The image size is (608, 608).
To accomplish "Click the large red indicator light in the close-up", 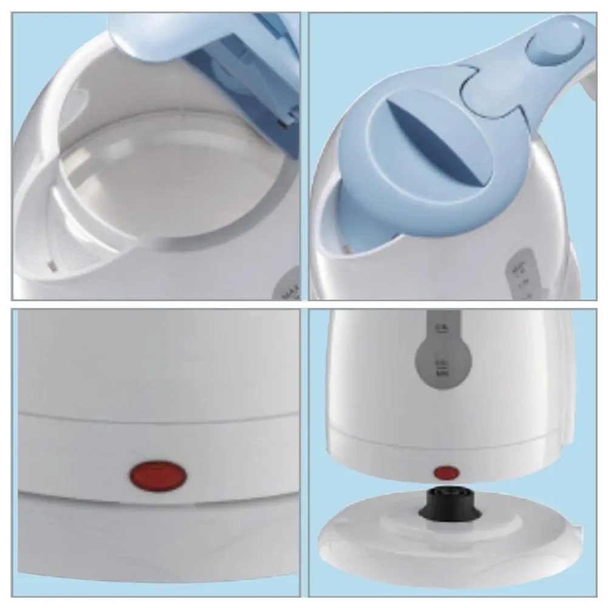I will coord(157,474).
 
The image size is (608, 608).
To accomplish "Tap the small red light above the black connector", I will coord(447,472).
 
